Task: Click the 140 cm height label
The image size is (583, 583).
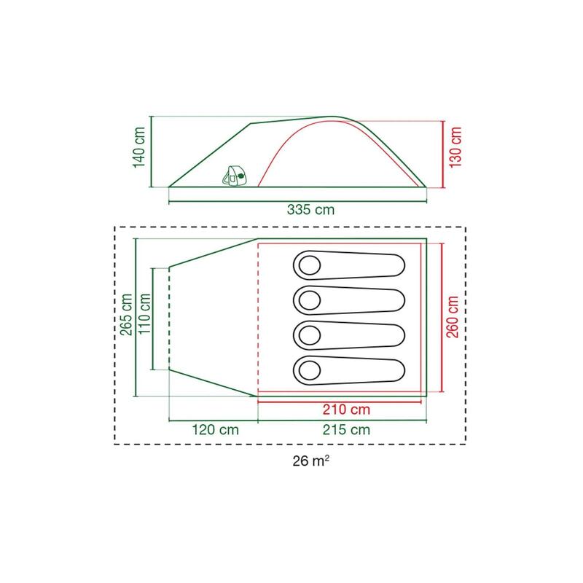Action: [139, 148]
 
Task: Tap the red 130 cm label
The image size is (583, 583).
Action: [455, 148]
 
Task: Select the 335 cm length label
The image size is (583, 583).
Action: [310, 210]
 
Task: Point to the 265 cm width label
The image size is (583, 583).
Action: [126, 315]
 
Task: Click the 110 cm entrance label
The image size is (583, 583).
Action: [144, 314]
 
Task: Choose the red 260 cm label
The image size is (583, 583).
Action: [453, 317]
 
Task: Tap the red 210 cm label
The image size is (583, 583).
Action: [346, 410]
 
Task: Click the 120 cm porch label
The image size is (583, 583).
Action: [215, 430]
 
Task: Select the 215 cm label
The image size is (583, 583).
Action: [346, 430]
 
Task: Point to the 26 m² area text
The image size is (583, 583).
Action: [310, 461]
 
